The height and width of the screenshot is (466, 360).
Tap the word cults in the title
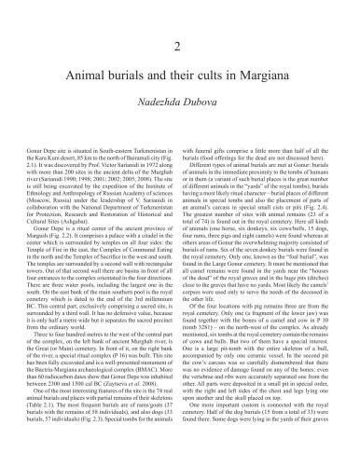[230, 78]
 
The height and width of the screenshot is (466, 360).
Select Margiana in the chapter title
[285, 78]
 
